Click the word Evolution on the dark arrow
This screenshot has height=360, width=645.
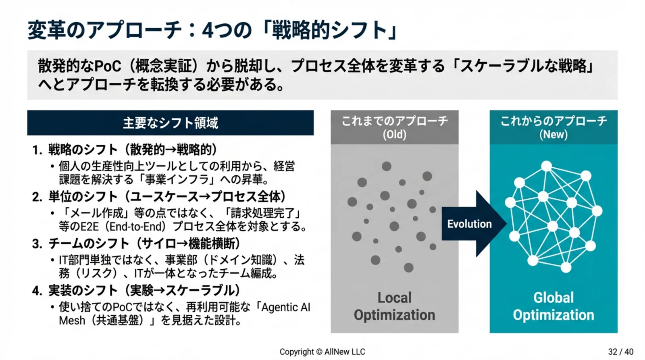click(469, 224)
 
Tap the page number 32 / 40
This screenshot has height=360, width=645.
click(621, 352)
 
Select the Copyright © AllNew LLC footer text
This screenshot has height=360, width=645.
click(322, 352)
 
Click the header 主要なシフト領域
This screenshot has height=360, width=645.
click(171, 123)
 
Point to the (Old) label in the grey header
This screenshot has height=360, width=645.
click(395, 135)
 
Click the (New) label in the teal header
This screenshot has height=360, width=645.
click(553, 135)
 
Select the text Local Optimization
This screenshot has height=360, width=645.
click(395, 306)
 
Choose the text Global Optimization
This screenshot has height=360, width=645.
click(553, 306)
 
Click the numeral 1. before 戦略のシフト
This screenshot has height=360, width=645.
click(37, 150)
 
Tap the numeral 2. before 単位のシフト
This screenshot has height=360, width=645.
click(37, 197)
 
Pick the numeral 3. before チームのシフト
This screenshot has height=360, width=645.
click(37, 244)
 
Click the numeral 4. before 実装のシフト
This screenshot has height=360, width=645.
click(37, 291)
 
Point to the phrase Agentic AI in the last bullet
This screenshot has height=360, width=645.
click(286, 308)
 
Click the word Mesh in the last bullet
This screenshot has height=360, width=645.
click(72, 320)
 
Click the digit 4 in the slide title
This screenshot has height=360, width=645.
click(207, 31)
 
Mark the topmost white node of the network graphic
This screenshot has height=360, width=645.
click(546, 166)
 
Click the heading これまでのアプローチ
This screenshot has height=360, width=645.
click(395, 121)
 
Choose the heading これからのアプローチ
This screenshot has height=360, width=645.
click(553, 121)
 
